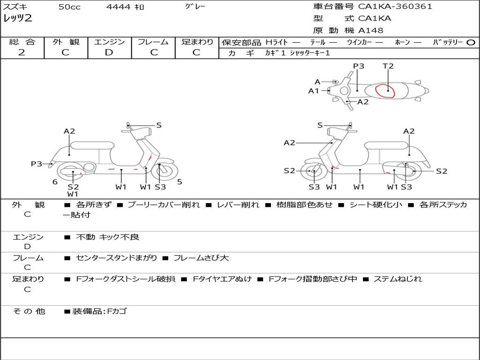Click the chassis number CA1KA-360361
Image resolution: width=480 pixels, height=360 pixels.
(395, 7)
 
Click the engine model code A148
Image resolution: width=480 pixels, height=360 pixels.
(370, 30)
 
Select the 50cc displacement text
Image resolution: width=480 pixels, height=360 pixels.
(69, 7)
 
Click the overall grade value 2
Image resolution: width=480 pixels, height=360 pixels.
(22, 52)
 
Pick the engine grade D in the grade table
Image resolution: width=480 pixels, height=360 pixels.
(109, 52)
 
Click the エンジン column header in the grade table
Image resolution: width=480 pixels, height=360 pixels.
(109, 42)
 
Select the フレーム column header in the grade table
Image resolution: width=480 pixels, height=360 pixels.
(153, 42)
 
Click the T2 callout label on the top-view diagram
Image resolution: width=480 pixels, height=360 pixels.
(388, 66)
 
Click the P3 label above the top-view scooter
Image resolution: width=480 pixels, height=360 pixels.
(359, 66)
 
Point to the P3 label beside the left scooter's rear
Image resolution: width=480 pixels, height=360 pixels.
(37, 164)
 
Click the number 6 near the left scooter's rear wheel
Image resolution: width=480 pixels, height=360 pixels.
(55, 182)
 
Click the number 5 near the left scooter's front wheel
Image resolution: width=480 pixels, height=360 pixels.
(180, 182)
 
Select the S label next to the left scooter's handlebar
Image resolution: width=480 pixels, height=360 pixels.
(159, 125)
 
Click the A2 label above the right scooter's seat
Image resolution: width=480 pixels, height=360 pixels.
(409, 131)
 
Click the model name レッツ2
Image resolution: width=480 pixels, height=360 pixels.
(17, 19)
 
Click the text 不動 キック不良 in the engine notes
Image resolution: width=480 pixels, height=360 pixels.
(108, 237)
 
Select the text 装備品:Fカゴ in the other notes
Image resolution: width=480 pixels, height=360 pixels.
(99, 311)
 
